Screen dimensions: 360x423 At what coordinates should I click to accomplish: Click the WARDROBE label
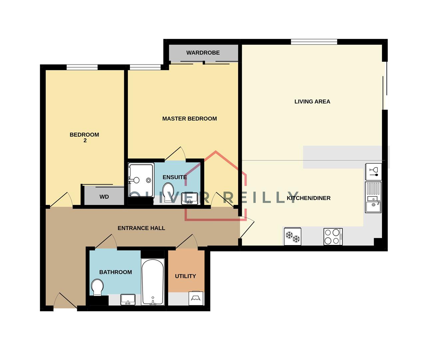pos(203,53)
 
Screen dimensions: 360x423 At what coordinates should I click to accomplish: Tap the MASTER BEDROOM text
pos(189,119)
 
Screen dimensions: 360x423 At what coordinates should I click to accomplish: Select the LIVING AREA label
pos(312,102)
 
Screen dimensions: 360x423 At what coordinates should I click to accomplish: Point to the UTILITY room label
pos(185,276)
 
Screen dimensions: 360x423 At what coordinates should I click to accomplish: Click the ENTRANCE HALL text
pos(141,228)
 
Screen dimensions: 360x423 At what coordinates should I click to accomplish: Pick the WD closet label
pos(104,197)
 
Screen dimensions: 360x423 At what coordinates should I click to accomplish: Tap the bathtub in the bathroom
pos(153,282)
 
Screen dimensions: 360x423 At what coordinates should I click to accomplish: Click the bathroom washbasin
pos(128,299)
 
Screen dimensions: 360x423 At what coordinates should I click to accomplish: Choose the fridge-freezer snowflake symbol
pos(292,236)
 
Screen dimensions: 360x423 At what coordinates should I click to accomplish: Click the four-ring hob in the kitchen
pos(333,236)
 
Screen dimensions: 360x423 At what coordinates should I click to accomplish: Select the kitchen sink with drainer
pos(373,197)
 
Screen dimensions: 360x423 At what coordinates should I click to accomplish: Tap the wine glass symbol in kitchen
pos(373,171)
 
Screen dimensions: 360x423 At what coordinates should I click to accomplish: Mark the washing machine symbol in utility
pos(196,298)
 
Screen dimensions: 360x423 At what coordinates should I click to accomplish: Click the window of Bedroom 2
pos(82,67)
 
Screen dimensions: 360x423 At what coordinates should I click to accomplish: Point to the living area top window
pos(314,42)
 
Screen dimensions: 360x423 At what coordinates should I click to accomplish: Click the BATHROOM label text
pos(115,272)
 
